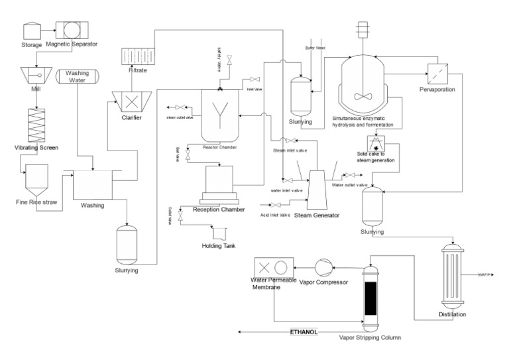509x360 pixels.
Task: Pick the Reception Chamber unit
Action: tap(219, 185)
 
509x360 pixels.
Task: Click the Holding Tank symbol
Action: tap(218, 233)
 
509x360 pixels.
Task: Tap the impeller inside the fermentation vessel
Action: tap(363, 95)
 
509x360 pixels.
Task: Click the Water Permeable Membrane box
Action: tap(273, 267)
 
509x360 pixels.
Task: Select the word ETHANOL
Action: tap(304, 331)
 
